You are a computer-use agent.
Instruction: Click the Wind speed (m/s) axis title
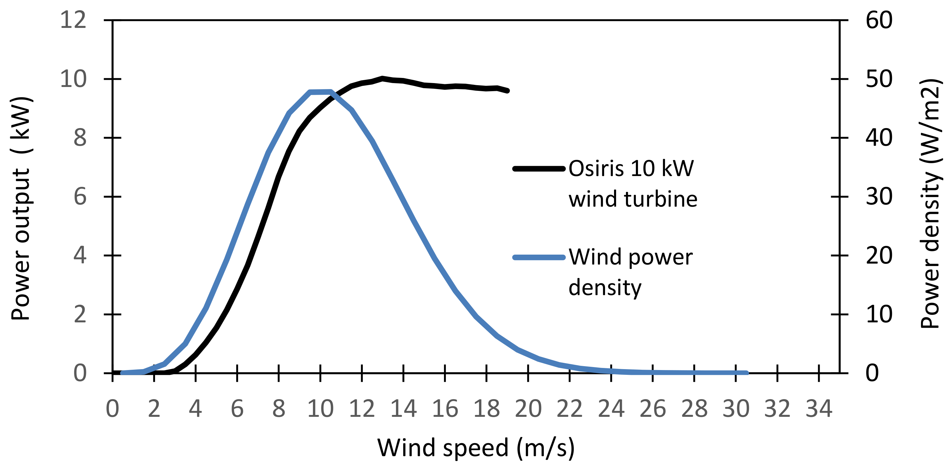476,448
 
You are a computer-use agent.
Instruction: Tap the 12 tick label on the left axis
73,20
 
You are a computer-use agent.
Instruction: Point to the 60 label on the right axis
879,20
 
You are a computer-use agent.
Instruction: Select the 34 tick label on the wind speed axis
819,409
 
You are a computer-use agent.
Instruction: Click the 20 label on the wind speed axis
528,409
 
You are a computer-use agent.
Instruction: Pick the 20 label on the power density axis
879,255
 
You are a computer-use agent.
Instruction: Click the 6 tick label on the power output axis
80,196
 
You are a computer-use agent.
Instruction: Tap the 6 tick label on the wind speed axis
237,409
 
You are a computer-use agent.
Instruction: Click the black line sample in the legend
539,169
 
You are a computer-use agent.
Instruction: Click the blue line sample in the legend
539,257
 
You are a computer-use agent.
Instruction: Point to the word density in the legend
605,288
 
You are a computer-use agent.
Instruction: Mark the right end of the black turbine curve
508,91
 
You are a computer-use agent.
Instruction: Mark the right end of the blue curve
747,373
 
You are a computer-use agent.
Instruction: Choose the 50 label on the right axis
879,79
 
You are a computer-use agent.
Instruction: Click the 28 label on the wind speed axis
694,409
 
